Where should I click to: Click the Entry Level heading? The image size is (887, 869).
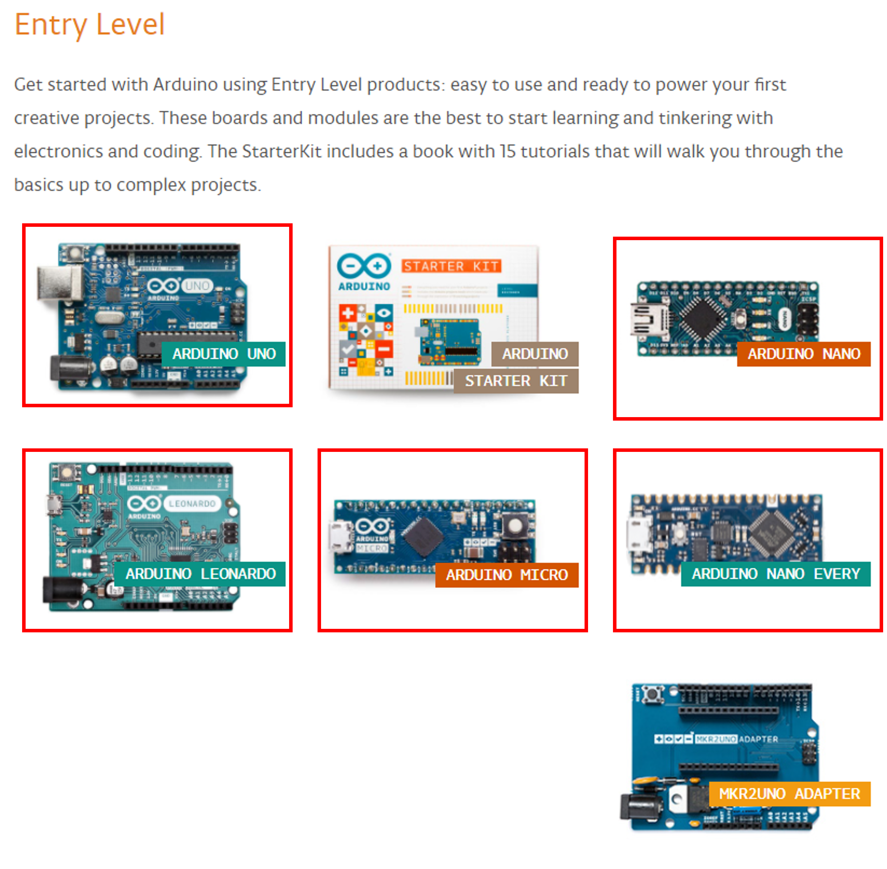pyautogui.click(x=89, y=25)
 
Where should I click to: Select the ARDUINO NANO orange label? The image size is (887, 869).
pyautogui.click(x=803, y=355)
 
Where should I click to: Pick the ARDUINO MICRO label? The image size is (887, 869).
pyautogui.click(x=507, y=575)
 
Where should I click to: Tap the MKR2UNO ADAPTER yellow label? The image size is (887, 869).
pyautogui.click(x=789, y=795)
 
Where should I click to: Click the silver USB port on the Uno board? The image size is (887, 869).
pyautogui.click(x=59, y=283)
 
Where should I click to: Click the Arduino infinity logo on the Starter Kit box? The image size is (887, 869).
pyautogui.click(x=364, y=266)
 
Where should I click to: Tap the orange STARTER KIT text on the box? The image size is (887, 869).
pyautogui.click(x=451, y=266)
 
